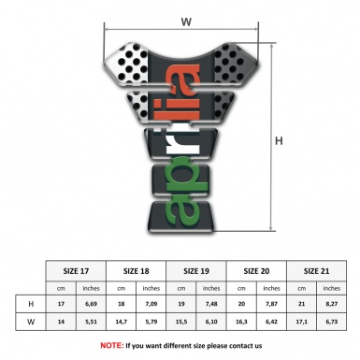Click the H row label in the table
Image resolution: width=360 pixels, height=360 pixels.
(x=32, y=304)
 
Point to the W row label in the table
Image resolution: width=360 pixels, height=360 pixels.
(x=32, y=321)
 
